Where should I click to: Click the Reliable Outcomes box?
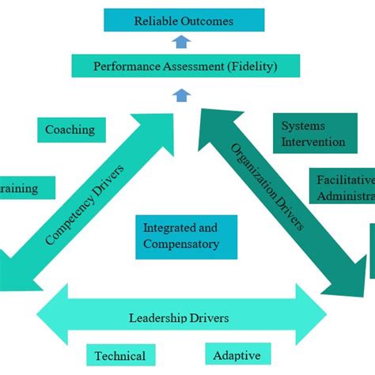[x=184, y=21]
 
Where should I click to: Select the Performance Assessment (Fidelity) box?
[x=185, y=66]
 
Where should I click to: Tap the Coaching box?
[x=70, y=130]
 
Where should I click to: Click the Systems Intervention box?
[x=313, y=134]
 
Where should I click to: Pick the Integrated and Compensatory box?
[x=185, y=236]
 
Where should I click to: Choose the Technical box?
[x=120, y=356]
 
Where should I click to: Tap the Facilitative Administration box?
[x=342, y=187]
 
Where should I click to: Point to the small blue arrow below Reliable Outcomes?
[x=183, y=43]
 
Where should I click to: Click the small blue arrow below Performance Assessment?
[x=182, y=95]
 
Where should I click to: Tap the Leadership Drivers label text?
[x=179, y=318]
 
